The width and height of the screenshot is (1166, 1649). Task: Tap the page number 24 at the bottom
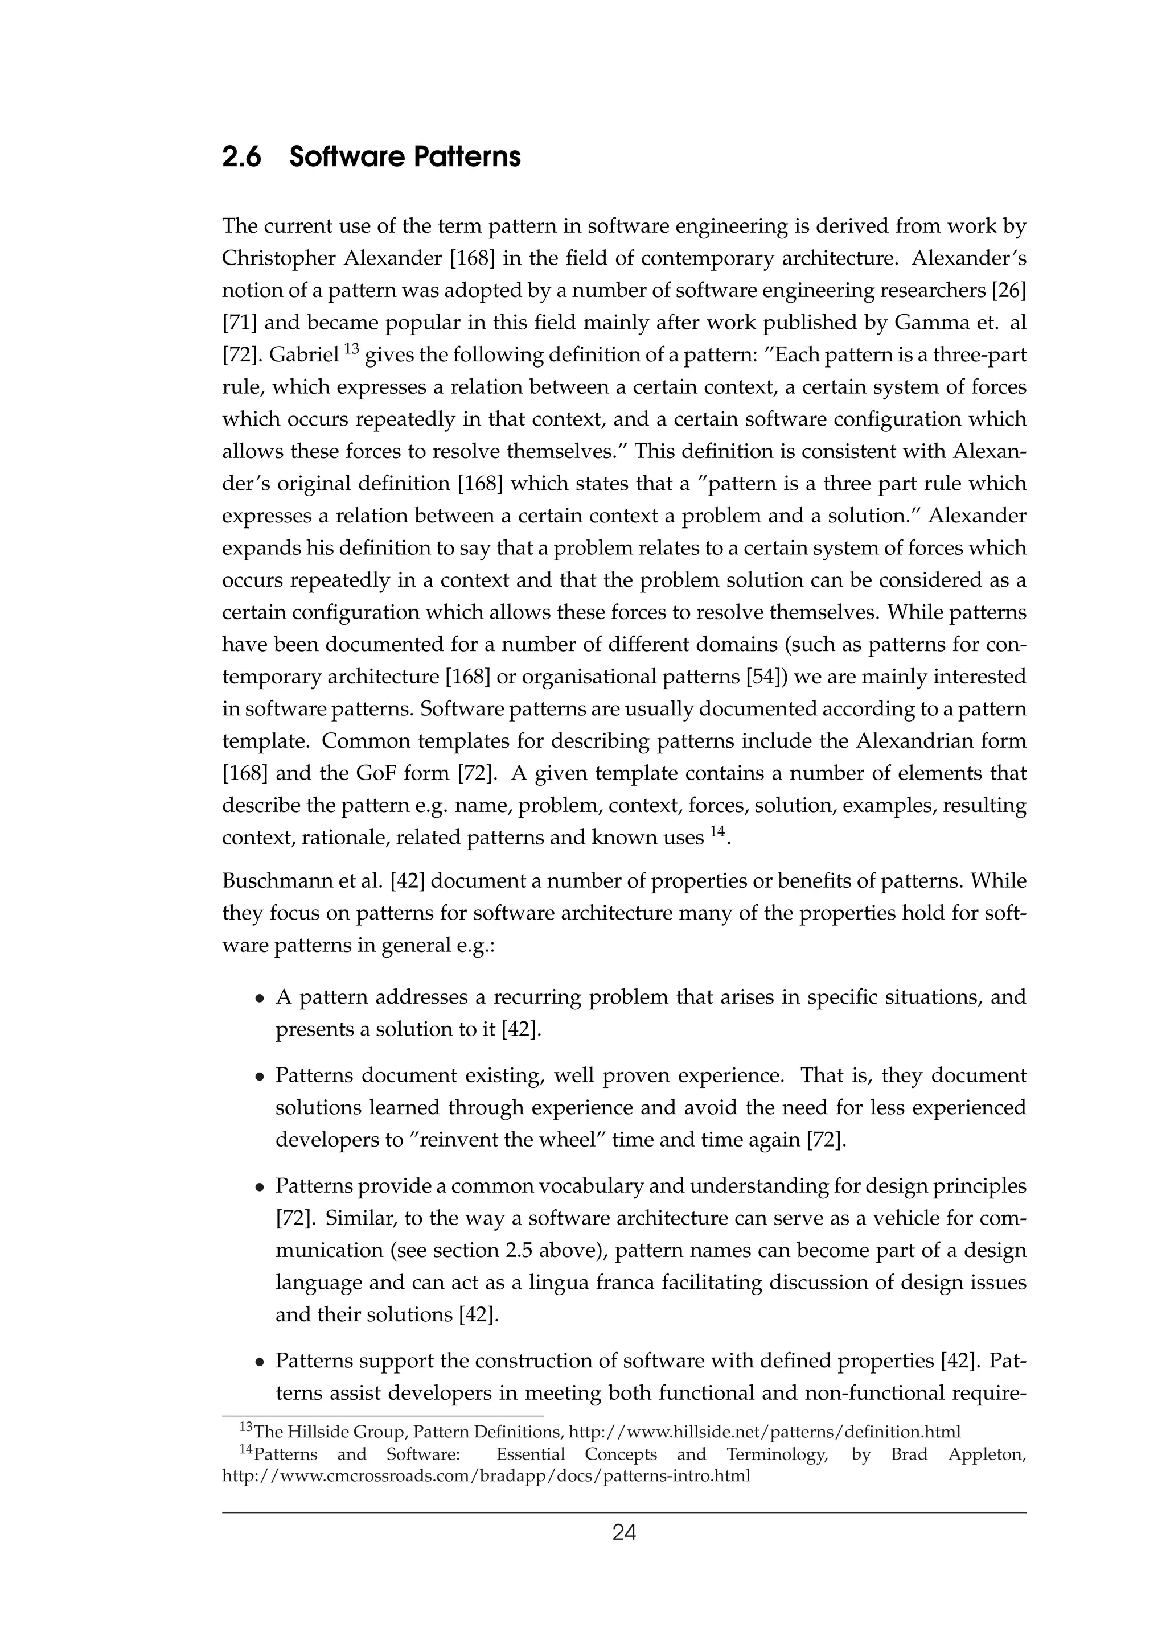click(x=623, y=1533)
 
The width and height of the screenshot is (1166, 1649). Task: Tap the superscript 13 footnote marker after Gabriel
click(x=351, y=349)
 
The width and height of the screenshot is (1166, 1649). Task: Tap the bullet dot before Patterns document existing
click(x=260, y=1077)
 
